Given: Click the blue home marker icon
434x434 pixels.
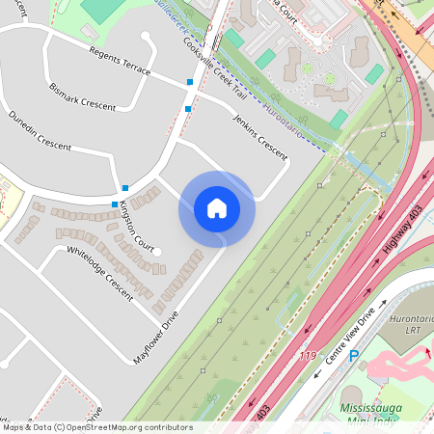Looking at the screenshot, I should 217,208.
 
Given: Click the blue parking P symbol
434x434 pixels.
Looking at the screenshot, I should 353,356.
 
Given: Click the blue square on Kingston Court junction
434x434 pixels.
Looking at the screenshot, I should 115,204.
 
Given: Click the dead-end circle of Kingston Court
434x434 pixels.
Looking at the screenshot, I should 159,252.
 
